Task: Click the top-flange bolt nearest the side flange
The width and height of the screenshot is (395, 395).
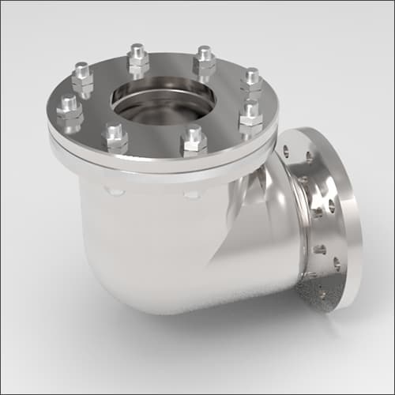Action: pyautogui.click(x=250, y=117)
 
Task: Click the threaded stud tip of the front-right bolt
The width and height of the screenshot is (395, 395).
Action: pyautogui.click(x=193, y=130)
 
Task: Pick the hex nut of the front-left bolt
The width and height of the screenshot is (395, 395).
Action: pyautogui.click(x=115, y=144)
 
